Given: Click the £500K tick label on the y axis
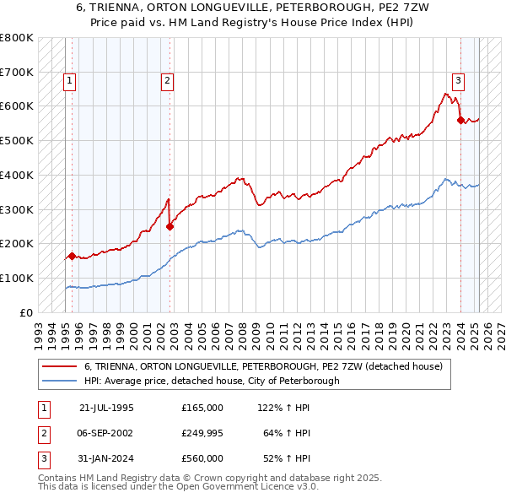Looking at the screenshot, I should pyautogui.click(x=17, y=140).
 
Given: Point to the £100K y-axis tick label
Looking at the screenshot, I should pyautogui.click(x=17, y=278).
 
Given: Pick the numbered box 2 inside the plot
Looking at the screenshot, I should pyautogui.click(x=168, y=81).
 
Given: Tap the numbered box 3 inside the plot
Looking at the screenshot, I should pyautogui.click(x=458, y=81).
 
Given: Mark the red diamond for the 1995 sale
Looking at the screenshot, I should pyautogui.click(x=73, y=256).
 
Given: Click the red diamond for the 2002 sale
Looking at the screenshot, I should pyautogui.click(x=170, y=226).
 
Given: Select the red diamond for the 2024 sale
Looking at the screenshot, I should pyautogui.click(x=460, y=120).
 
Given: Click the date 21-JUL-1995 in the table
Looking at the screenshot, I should pyautogui.click(x=106, y=408).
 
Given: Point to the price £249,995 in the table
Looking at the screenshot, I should pyautogui.click(x=202, y=433).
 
